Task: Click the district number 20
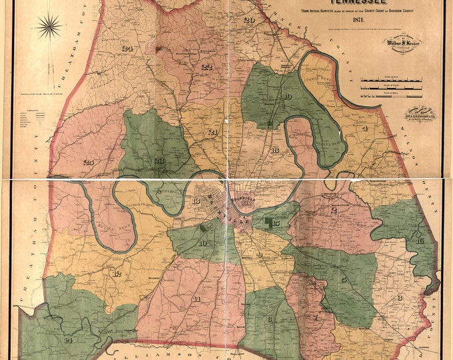(249, 20)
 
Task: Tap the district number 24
(127, 47)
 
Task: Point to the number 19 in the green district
(287, 97)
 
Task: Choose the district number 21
(213, 133)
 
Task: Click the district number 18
(274, 150)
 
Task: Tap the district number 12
(117, 273)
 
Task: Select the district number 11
(197, 298)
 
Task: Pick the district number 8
(399, 297)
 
